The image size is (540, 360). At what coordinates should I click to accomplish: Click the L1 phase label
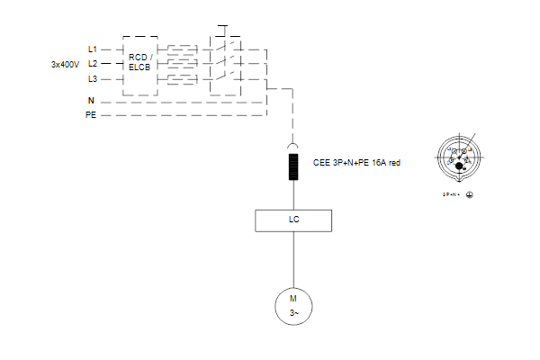tap(92, 49)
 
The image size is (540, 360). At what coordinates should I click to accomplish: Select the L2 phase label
tap(92, 64)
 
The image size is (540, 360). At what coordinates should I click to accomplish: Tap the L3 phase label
tap(92, 78)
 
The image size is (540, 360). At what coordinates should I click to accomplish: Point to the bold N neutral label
tap(91, 100)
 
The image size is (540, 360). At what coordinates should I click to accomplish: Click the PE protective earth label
tap(91, 115)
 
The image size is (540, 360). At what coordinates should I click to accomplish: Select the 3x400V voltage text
tap(66, 64)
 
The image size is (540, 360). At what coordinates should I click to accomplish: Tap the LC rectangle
tap(293, 219)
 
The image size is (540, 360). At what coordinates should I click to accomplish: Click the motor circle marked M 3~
tap(293, 305)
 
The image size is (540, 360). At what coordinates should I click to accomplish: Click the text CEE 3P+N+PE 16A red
tap(355, 164)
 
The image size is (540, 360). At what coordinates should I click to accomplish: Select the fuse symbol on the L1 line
tap(183, 49)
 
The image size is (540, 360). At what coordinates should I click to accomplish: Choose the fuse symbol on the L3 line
tap(183, 79)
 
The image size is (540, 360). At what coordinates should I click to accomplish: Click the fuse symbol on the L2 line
tap(183, 64)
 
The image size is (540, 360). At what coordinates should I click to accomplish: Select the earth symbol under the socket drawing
tap(470, 193)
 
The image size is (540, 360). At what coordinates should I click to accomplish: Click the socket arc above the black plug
tap(293, 146)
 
